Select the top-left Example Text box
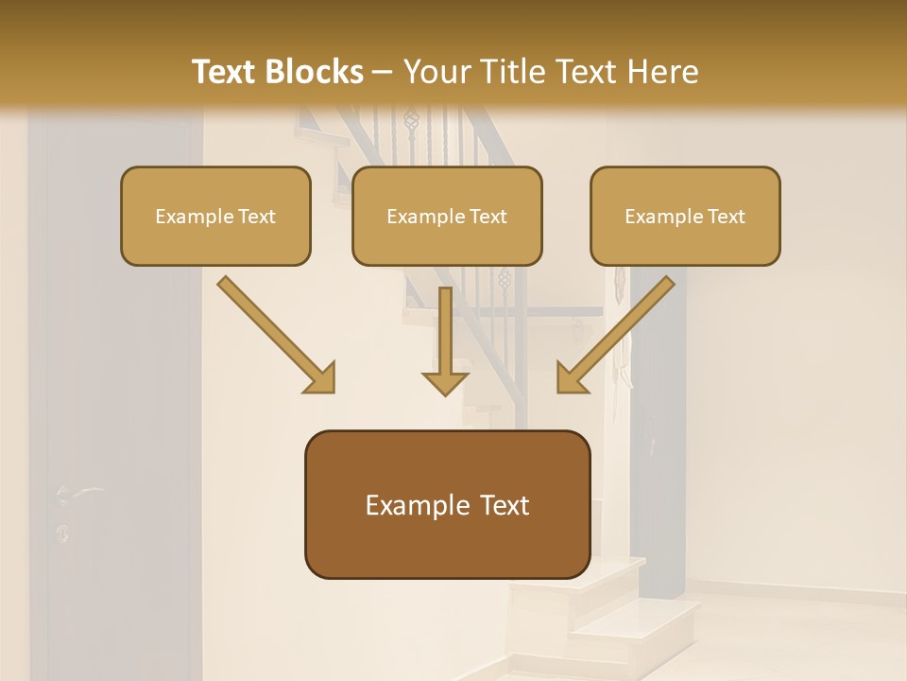215,216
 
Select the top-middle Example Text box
447,216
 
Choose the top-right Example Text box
685,216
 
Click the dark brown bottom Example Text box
447,504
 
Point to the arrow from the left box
275,333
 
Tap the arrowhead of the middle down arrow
445,382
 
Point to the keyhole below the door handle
62,533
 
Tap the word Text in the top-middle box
488,217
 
